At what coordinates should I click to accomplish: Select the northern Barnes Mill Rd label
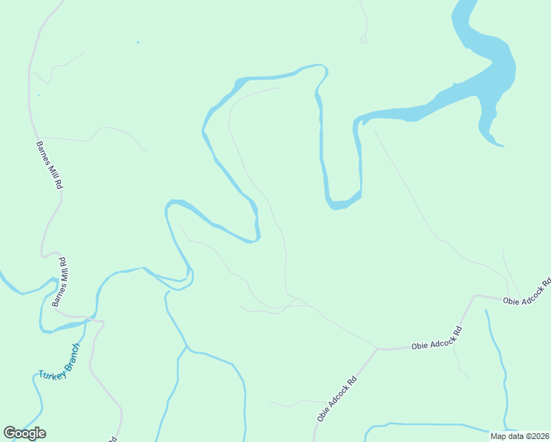[49, 166]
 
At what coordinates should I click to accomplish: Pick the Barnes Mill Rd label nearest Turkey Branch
[62, 281]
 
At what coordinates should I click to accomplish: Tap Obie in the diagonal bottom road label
[323, 415]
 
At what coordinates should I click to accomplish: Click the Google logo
[24, 433]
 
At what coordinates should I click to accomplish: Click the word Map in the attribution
[499, 436]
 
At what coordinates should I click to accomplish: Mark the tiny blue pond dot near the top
[138, 42]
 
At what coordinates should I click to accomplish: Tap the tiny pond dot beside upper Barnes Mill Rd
[39, 95]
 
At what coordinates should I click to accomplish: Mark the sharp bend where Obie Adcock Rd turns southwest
[377, 349]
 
